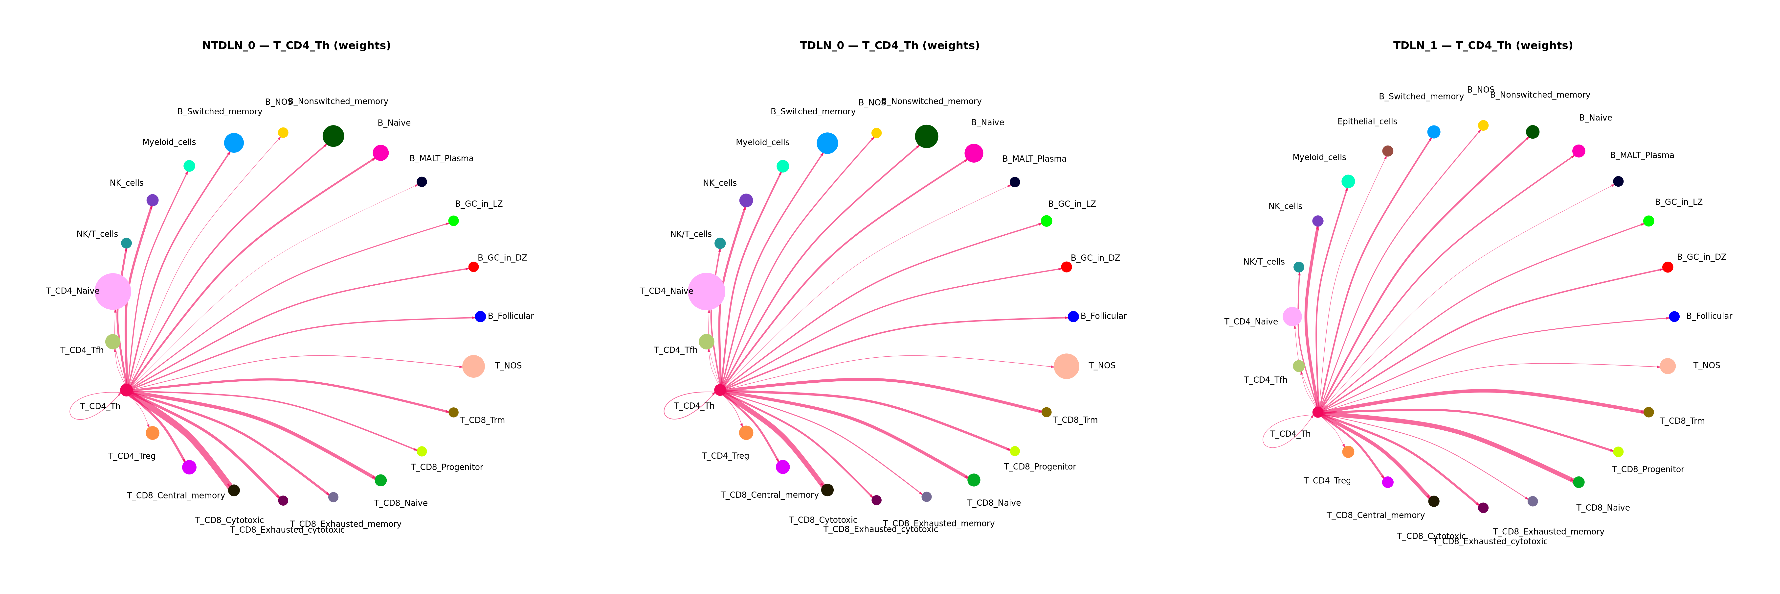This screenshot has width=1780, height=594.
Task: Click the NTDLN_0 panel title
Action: [x=296, y=46]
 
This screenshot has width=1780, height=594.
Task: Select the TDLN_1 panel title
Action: [x=1483, y=46]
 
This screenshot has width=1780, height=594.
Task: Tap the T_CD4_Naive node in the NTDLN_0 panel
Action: [x=113, y=291]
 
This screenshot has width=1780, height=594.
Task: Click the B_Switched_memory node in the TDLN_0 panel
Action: [x=827, y=143]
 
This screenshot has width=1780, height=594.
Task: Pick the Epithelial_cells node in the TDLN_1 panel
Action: [x=1387, y=151]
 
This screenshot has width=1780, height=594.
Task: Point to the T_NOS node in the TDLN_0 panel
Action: [x=1066, y=366]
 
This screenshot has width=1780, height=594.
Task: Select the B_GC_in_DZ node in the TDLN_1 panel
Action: [x=1667, y=267]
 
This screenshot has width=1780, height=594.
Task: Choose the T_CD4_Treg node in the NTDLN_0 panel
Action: [x=153, y=433]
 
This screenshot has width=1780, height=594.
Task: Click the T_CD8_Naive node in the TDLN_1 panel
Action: [x=1578, y=482]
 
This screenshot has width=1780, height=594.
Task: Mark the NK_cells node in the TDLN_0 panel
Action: [x=746, y=200]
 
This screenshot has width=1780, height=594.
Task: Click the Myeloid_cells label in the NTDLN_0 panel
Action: [x=169, y=143]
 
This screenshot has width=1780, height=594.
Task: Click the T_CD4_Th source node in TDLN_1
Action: [x=1318, y=412]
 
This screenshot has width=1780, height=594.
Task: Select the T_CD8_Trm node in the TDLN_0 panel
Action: [x=1046, y=412]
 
